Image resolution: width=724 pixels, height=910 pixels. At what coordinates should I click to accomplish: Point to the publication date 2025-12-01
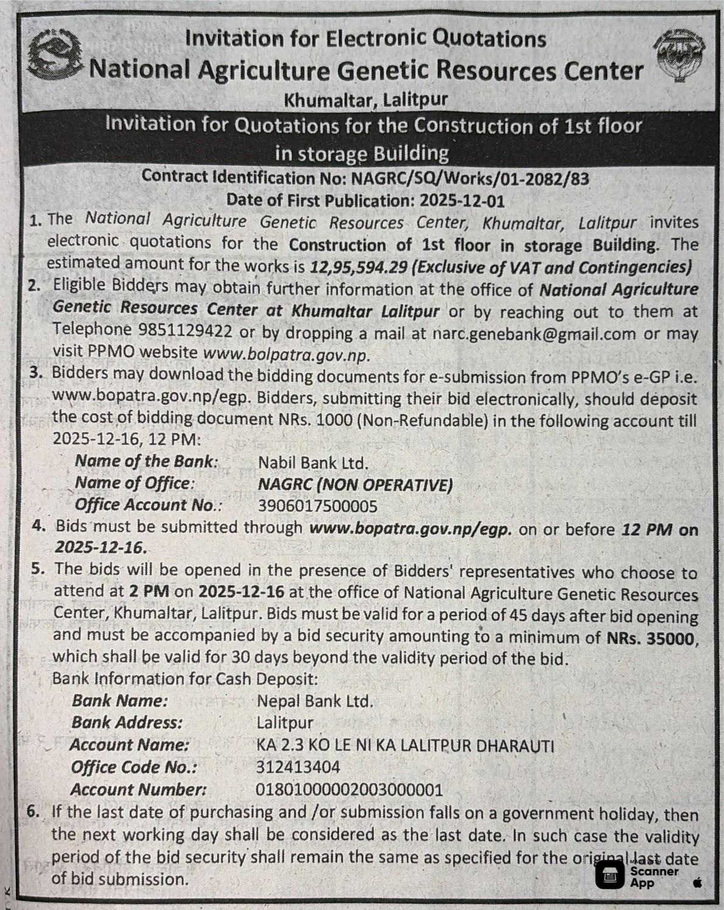(x=462, y=200)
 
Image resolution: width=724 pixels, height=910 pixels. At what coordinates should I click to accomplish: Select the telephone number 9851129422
(x=185, y=331)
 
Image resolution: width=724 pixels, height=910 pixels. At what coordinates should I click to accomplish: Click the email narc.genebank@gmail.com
(x=534, y=334)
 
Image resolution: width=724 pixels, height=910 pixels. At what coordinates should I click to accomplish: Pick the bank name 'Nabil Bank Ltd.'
(x=313, y=463)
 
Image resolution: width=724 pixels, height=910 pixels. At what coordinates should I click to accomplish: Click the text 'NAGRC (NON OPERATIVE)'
(x=355, y=485)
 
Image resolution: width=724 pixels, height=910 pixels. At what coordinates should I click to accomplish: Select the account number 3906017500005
(x=317, y=506)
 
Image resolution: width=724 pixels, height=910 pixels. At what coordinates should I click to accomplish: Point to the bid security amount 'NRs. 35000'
(x=650, y=639)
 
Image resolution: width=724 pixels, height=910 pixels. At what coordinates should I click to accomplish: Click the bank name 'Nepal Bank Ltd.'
(x=315, y=701)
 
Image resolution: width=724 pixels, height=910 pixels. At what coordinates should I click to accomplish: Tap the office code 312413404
(x=298, y=767)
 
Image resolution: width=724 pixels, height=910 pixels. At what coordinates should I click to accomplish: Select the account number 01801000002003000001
(x=349, y=789)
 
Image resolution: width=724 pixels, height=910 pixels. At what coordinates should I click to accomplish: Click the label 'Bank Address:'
(x=127, y=723)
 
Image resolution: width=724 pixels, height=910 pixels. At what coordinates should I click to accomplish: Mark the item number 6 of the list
(x=33, y=811)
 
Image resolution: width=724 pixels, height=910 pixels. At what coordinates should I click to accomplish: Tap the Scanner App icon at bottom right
(x=610, y=876)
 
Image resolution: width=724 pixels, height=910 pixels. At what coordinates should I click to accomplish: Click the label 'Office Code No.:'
(x=134, y=767)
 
